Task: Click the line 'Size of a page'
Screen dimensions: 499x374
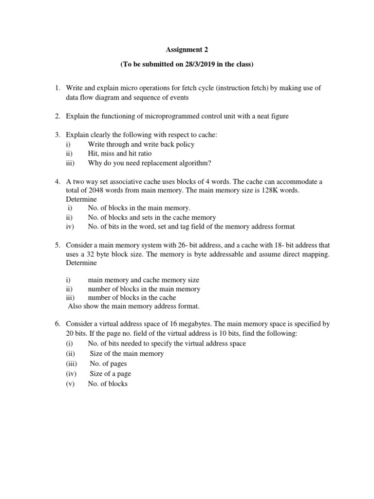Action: pyautogui.click(x=110, y=374)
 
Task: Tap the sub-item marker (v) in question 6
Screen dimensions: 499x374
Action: pyautogui.click(x=71, y=384)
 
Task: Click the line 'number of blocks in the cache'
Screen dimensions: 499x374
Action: pyautogui.click(x=132, y=297)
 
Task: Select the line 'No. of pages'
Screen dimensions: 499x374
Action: pyautogui.click(x=108, y=364)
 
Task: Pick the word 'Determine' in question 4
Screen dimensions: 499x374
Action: pyautogui.click(x=81, y=199)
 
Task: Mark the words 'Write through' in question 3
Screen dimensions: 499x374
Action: pyautogui.click(x=108, y=144)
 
